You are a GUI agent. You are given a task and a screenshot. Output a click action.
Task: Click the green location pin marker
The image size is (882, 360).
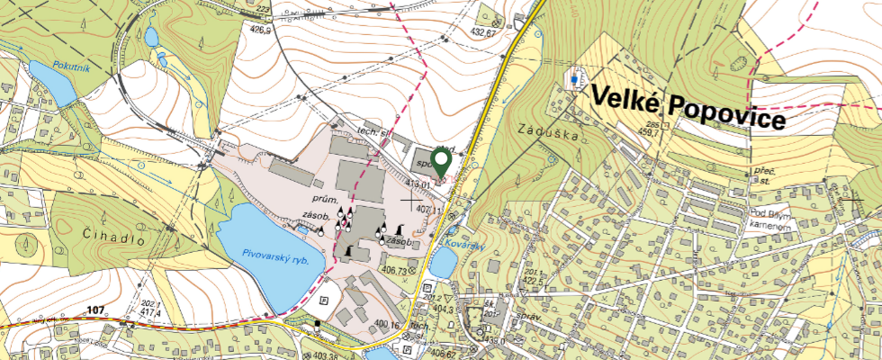441,162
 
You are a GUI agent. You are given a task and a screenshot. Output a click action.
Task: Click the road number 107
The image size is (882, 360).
96,310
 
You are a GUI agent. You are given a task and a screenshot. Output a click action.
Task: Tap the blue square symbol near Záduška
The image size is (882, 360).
573,79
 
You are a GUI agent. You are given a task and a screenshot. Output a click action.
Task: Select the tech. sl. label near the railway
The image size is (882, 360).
370,132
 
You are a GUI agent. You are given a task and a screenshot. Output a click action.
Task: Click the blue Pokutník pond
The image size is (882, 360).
50,83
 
